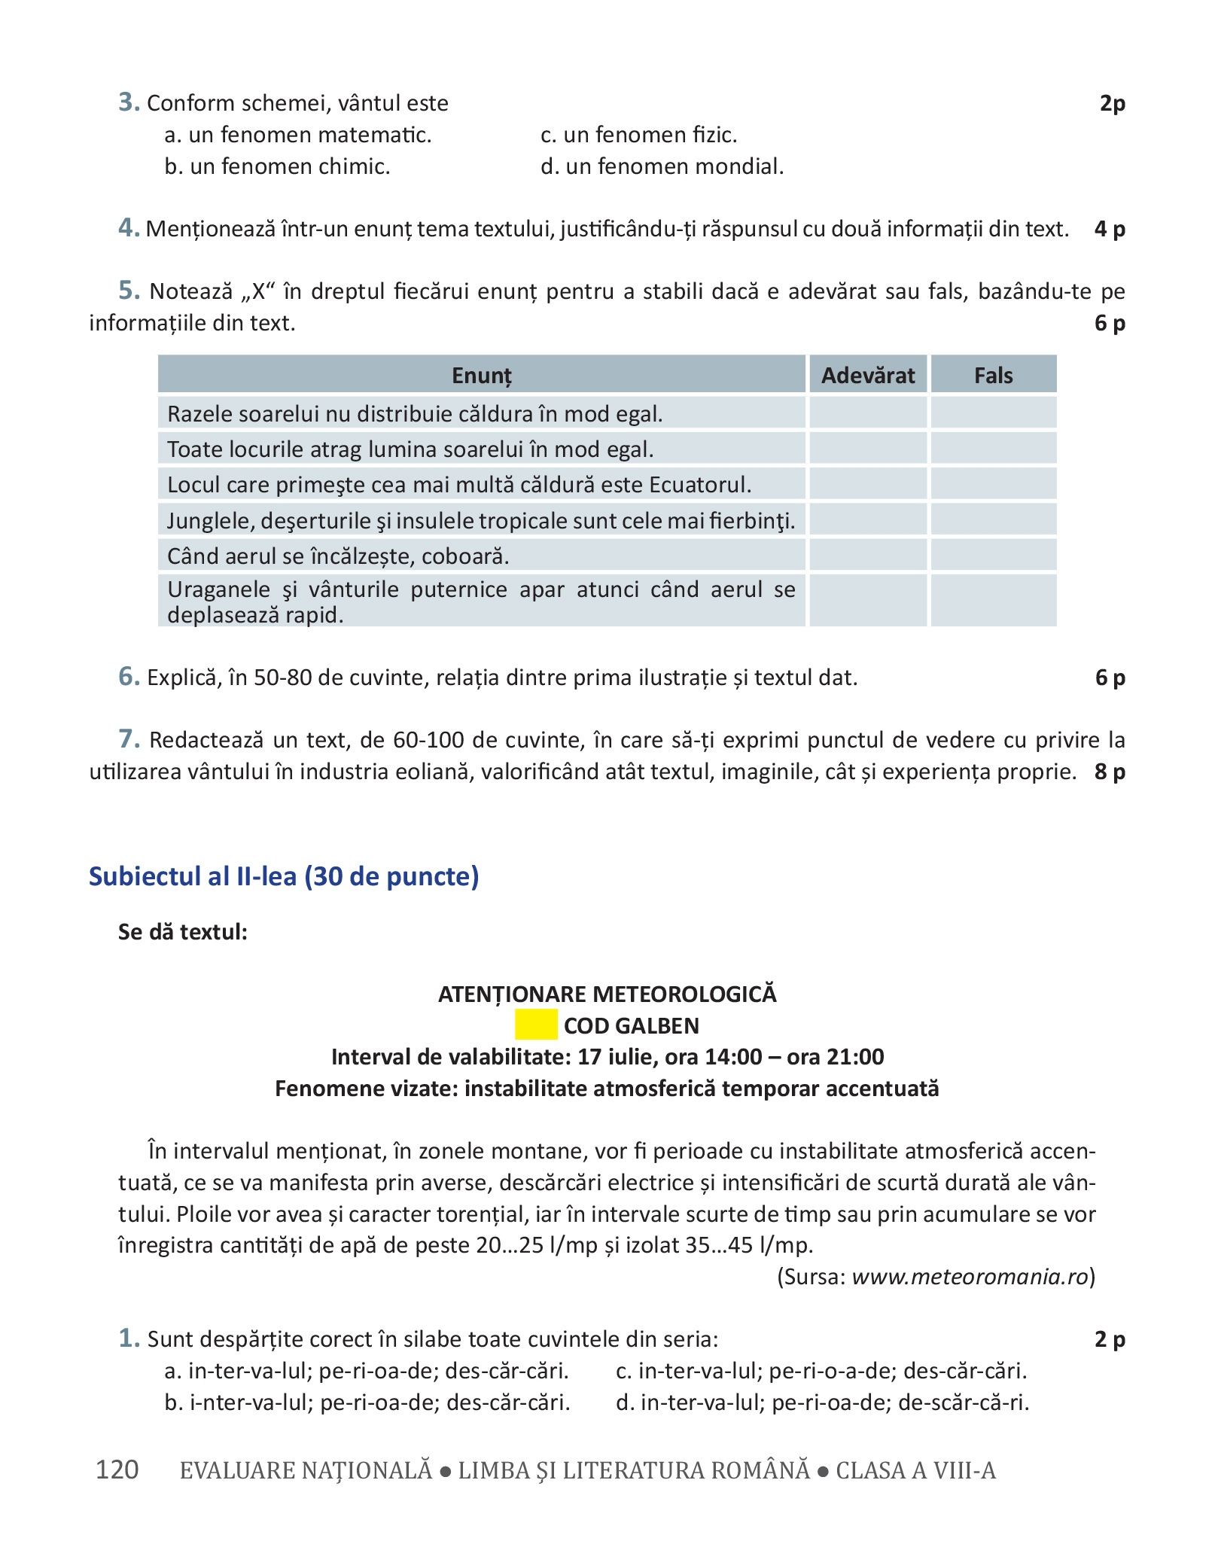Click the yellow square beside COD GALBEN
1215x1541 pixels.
click(x=536, y=1025)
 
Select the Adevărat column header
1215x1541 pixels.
click(x=868, y=375)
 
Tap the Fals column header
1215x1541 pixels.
click(x=993, y=375)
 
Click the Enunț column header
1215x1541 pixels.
click(x=482, y=375)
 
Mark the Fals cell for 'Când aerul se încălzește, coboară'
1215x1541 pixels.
click(x=993, y=556)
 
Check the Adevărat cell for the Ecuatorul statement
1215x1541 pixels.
click(x=868, y=484)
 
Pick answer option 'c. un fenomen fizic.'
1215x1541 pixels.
click(x=638, y=135)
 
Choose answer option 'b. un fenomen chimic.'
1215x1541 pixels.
click(x=277, y=166)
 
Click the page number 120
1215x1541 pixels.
click(x=117, y=1469)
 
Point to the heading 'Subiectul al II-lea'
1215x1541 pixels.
click(x=284, y=876)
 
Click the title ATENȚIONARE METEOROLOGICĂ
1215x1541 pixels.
click(x=607, y=994)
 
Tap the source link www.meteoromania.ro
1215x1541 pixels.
click(x=970, y=1277)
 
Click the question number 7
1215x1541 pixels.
click(x=129, y=739)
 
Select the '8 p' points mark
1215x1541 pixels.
click(x=1110, y=772)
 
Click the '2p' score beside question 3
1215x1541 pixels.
click(x=1112, y=103)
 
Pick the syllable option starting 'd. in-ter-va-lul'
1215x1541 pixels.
click(x=822, y=1402)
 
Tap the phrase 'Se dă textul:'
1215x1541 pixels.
click(x=183, y=932)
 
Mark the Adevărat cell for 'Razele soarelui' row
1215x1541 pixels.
click(x=868, y=413)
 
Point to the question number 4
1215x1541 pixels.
click(x=129, y=228)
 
